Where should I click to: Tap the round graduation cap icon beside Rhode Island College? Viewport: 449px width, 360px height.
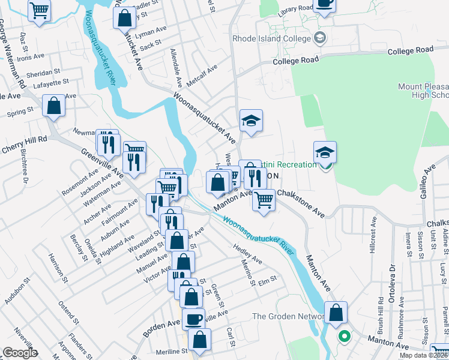[x=320, y=38]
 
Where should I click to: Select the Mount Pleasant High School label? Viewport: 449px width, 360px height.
[x=423, y=91]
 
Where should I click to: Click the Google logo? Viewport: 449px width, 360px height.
[x=20, y=353]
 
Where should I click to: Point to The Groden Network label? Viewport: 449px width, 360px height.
[x=285, y=316]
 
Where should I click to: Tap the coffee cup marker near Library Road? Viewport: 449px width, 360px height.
[x=324, y=3]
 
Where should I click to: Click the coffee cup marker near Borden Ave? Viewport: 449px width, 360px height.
[x=193, y=319]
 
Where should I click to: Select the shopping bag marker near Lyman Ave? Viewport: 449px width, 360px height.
[x=124, y=19]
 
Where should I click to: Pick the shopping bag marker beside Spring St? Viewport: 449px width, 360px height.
[x=54, y=106]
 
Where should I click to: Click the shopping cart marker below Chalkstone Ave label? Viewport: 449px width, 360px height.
[x=264, y=200]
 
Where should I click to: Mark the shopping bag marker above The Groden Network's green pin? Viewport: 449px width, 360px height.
[x=336, y=312]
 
